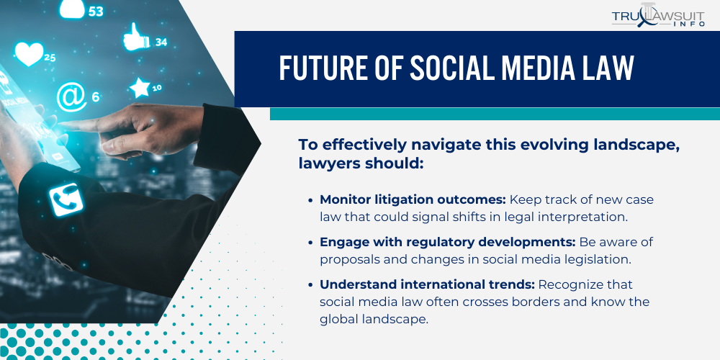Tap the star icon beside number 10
tap(139, 89)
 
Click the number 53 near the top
tap(96, 11)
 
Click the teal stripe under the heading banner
tap(495, 114)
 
